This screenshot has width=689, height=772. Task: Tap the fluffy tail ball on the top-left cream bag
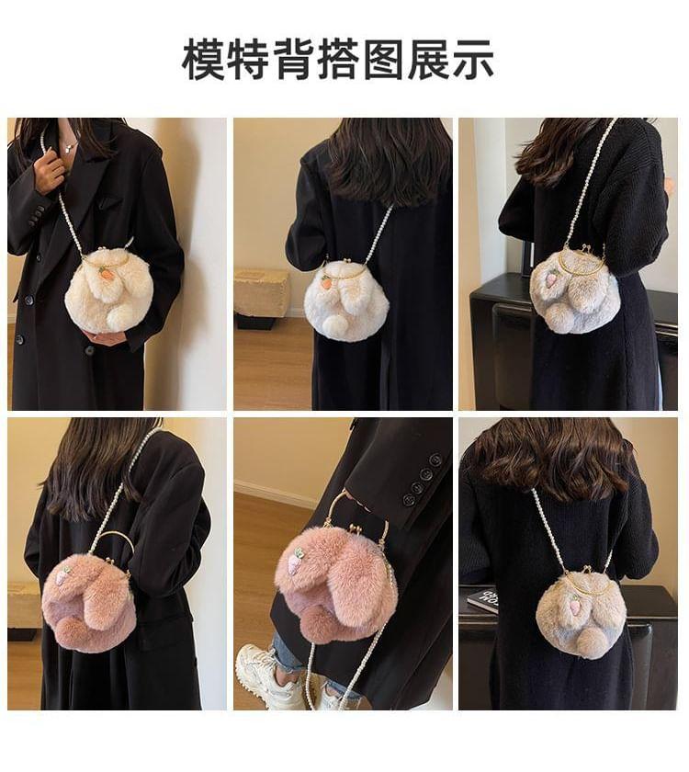pyautogui.click(x=119, y=316)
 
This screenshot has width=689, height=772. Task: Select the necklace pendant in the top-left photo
pyautogui.click(x=69, y=146)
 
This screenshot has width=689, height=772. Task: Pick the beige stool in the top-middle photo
pyautogui.click(x=261, y=295)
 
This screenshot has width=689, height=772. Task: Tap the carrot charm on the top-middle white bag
pyautogui.click(x=325, y=283)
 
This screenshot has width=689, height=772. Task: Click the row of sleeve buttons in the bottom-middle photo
pyautogui.click(x=423, y=478)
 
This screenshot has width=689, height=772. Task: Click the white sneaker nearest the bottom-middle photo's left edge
pyautogui.click(x=264, y=670)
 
